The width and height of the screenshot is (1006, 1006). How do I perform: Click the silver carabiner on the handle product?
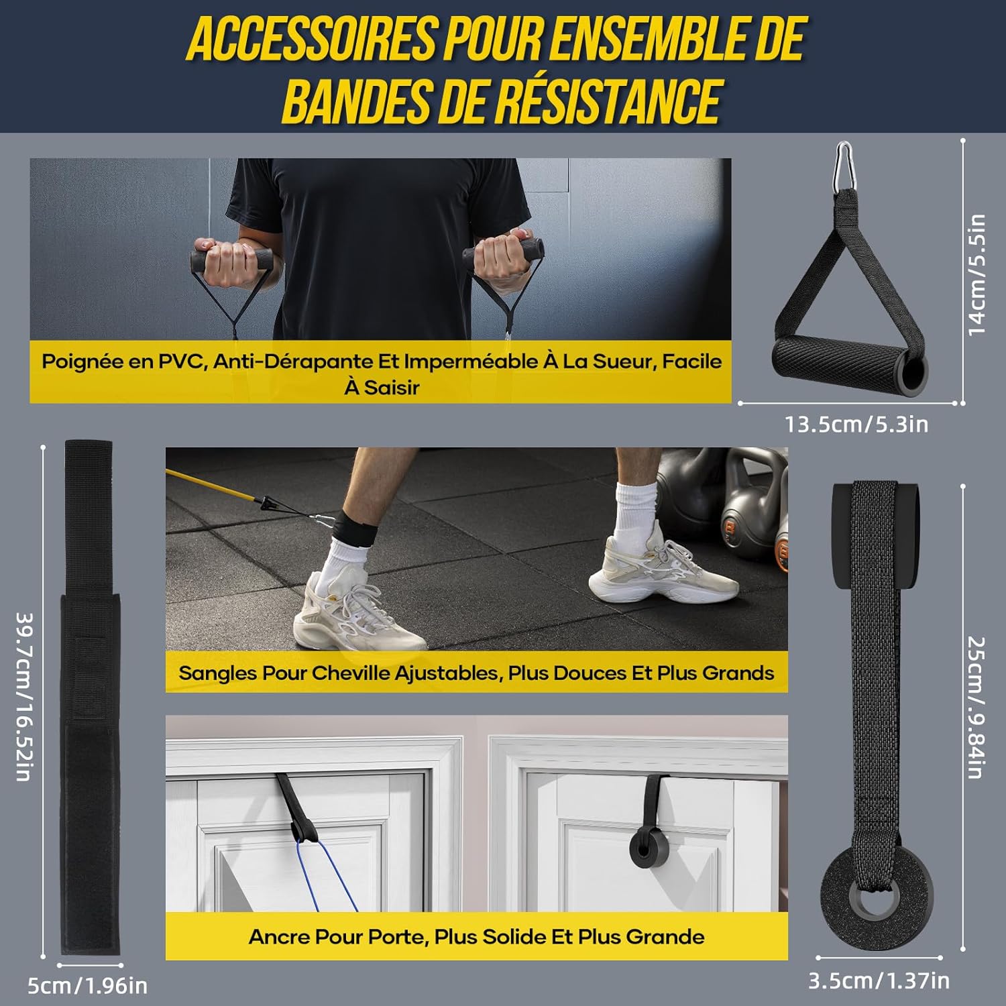tap(844, 167)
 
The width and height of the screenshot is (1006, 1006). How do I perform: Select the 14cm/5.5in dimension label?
tap(976, 275)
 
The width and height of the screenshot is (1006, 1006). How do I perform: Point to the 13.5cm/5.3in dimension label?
tap(856, 425)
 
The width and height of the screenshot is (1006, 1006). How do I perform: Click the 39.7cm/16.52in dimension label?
tap(24, 697)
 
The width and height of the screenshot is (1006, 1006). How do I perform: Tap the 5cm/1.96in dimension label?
tap(87, 986)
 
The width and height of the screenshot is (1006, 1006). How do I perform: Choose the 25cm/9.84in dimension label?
tap(976, 707)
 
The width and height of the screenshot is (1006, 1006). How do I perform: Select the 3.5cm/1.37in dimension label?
tap(879, 981)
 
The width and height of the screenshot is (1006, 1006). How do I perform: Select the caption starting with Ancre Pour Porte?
tap(476, 937)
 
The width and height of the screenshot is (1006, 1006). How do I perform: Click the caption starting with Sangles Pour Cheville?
tap(476, 673)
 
